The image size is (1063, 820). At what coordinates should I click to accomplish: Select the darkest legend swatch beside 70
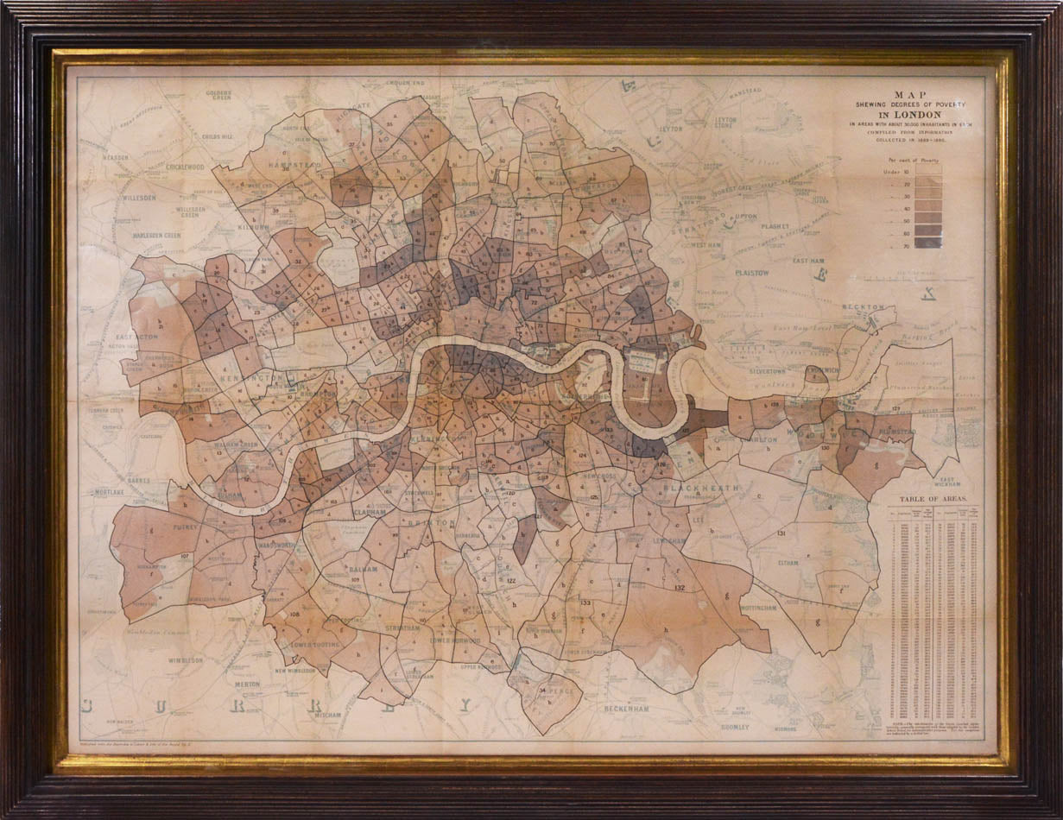[928, 243]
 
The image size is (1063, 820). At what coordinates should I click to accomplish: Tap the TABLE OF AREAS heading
[933, 499]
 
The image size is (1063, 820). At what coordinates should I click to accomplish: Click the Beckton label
[865, 306]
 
